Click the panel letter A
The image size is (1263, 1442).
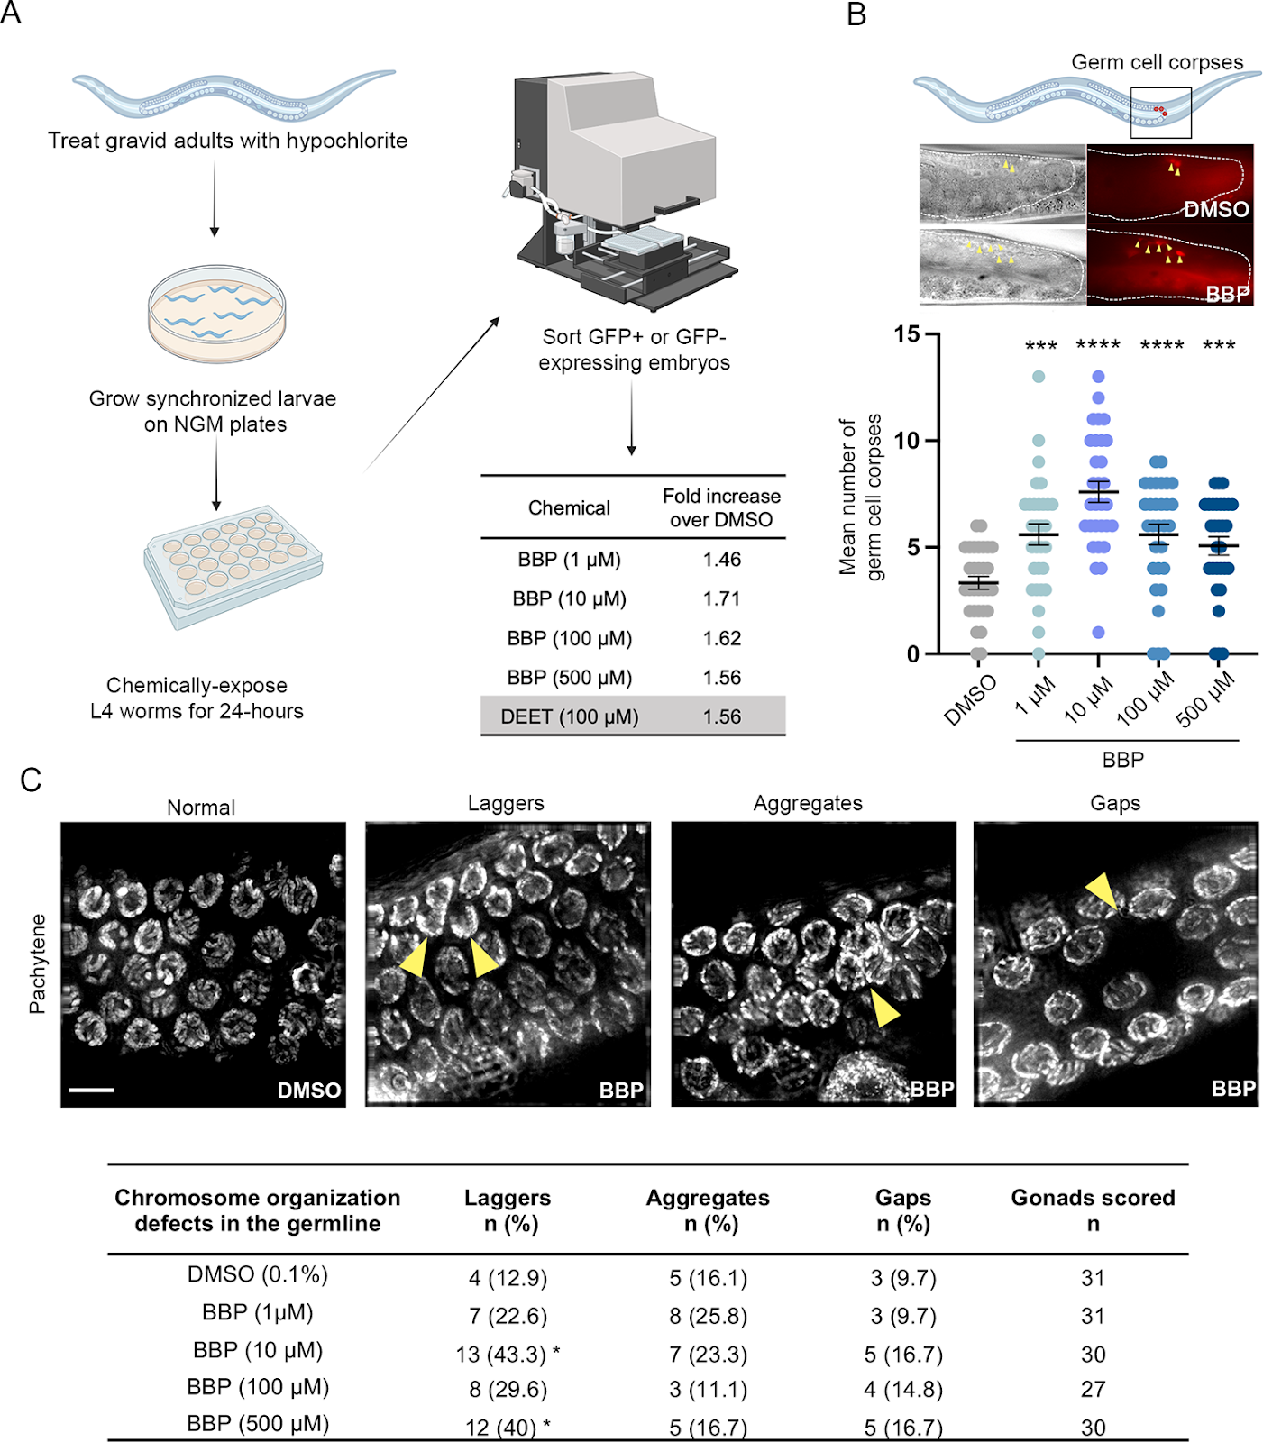(11, 13)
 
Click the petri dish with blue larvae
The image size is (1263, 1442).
(216, 314)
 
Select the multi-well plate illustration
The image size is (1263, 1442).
(233, 567)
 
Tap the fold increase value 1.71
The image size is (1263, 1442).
(722, 599)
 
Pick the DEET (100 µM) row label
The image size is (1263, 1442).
(570, 717)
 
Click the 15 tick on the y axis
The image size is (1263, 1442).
(907, 334)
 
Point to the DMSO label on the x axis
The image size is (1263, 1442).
(970, 700)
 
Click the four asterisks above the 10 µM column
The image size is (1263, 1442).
(1098, 345)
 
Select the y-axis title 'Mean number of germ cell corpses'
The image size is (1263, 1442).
(860, 497)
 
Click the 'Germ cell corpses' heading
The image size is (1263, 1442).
(1157, 62)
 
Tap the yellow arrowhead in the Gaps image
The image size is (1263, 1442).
(1103, 891)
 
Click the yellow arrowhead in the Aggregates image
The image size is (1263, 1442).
(885, 1008)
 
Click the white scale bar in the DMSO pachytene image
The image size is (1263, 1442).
(91, 1090)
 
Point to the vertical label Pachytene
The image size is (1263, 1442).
(37, 964)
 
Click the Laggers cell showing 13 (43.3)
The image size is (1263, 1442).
(508, 1355)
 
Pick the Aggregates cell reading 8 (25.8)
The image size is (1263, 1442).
(708, 1317)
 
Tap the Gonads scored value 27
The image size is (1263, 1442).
(1093, 1390)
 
